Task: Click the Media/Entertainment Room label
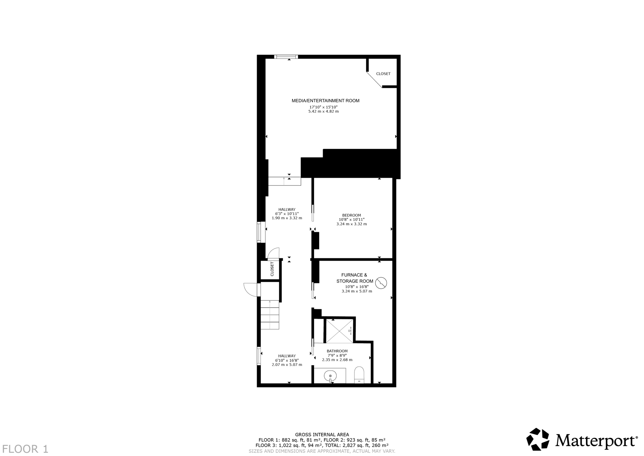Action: (325, 101)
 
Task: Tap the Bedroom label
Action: (352, 215)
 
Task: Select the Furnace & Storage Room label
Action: (354, 278)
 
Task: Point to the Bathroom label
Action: (337, 351)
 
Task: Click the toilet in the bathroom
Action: (359, 374)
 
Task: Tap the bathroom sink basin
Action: (330, 375)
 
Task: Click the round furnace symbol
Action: (381, 283)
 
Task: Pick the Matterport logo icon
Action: (538, 439)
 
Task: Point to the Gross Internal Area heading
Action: (322, 435)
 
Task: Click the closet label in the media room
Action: (383, 74)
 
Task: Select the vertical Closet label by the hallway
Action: (272, 269)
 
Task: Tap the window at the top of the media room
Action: (286, 57)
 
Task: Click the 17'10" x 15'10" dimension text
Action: (323, 107)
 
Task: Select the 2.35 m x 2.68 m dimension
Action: (337, 360)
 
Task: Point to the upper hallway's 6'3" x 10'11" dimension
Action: (287, 214)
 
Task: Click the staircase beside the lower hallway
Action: (270, 315)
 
